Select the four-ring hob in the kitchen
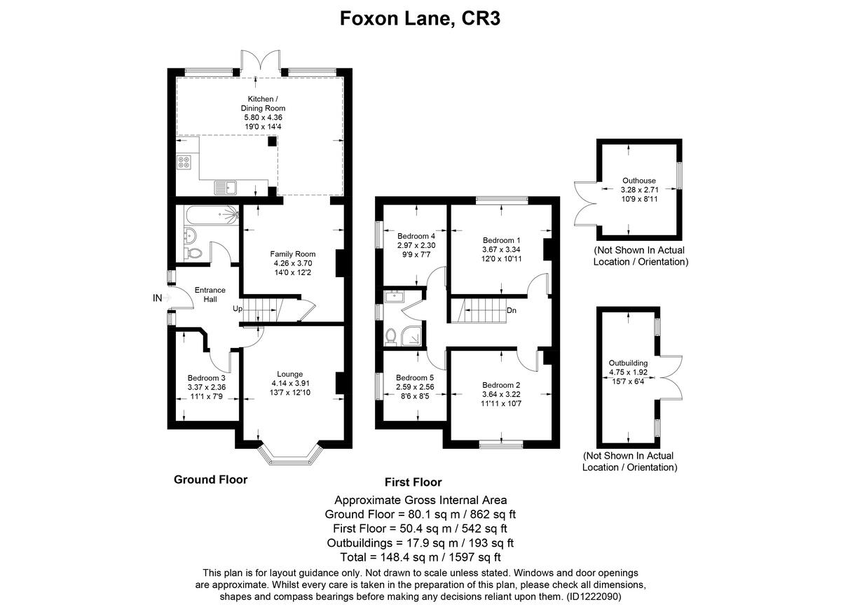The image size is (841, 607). point(185,162)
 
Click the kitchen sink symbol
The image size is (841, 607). point(226,186)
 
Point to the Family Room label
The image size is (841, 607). point(293,254)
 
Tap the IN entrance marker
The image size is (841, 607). point(158,298)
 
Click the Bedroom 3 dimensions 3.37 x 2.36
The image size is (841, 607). point(206,387)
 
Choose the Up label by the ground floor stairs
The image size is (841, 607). point(238,309)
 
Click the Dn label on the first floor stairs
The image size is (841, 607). point(512,310)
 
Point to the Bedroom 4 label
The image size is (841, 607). point(416,236)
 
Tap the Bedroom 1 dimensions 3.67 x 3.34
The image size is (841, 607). point(502,249)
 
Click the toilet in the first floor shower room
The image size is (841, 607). point(391,337)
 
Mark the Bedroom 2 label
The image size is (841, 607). point(501,385)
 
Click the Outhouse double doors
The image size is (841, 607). point(585,202)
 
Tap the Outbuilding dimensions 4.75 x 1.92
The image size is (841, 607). point(628,372)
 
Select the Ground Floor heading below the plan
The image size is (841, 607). point(210,480)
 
